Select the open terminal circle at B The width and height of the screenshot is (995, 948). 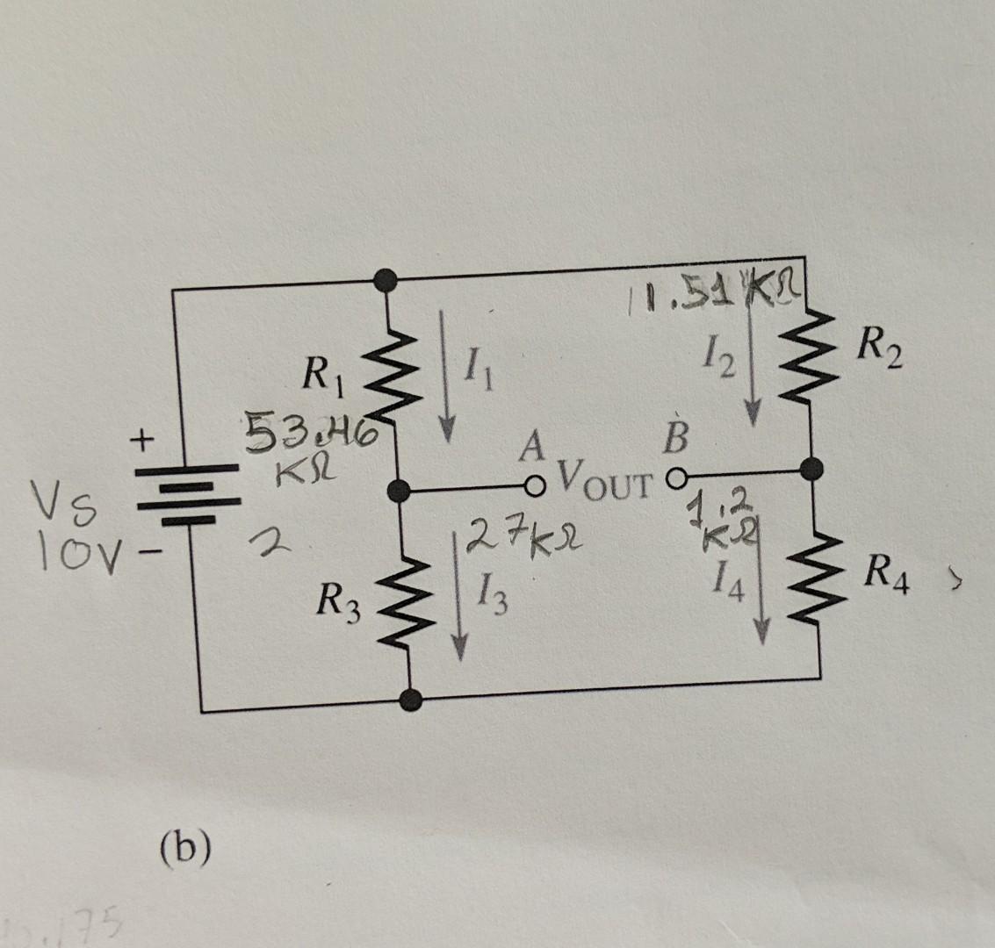[x=675, y=479]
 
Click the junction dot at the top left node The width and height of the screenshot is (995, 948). [x=383, y=280]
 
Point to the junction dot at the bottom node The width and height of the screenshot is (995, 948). [x=409, y=699]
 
